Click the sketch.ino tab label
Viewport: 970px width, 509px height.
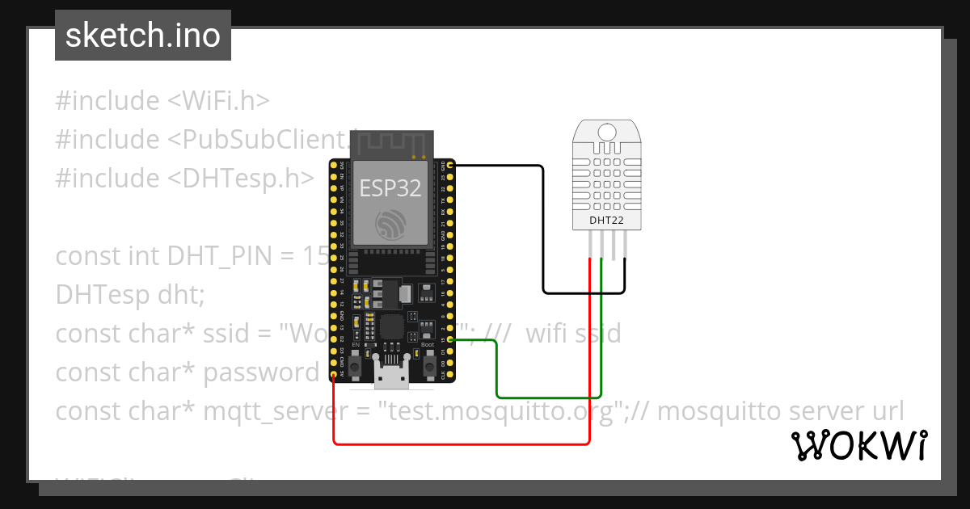(142, 36)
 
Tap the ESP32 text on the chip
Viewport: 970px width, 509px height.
(390, 187)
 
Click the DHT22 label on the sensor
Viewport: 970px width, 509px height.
(606, 219)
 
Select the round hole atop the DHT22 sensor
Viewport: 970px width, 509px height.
(606, 132)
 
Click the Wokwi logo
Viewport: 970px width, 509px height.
(858, 446)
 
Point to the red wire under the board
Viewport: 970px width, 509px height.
(461, 444)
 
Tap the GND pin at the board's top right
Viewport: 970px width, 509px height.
(449, 166)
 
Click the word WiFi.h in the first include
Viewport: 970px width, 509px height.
(218, 101)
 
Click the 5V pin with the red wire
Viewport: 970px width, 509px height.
(334, 375)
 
